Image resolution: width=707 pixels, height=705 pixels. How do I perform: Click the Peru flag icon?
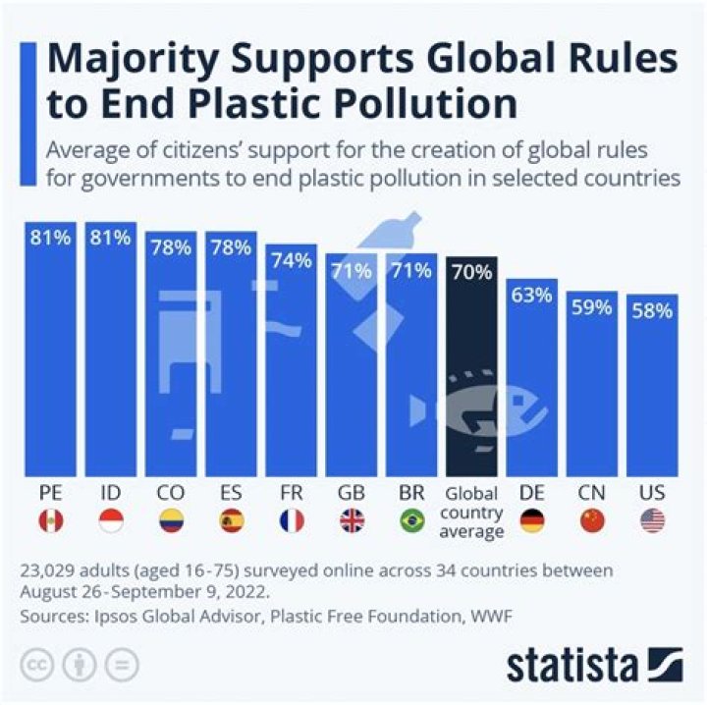click(x=49, y=521)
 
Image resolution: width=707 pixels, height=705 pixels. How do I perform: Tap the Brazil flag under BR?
click(x=412, y=521)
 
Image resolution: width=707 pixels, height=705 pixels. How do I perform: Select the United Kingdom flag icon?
click(x=352, y=521)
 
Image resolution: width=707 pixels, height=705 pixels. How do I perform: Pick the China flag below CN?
click(x=592, y=521)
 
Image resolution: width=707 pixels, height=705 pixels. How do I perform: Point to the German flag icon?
click(x=531, y=521)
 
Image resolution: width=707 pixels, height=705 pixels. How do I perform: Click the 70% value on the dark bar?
click(x=471, y=272)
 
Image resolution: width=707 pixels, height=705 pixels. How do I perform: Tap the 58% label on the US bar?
click(x=653, y=310)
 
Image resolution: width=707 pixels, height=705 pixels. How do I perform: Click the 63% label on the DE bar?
click(x=532, y=295)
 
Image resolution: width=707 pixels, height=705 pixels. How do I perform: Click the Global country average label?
click(x=471, y=513)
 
